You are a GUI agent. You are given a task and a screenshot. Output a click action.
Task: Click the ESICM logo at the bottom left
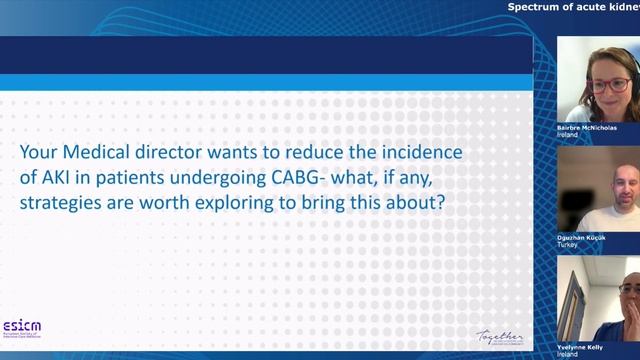(x=21, y=328)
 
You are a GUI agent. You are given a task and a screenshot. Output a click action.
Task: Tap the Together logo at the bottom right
(x=499, y=336)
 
